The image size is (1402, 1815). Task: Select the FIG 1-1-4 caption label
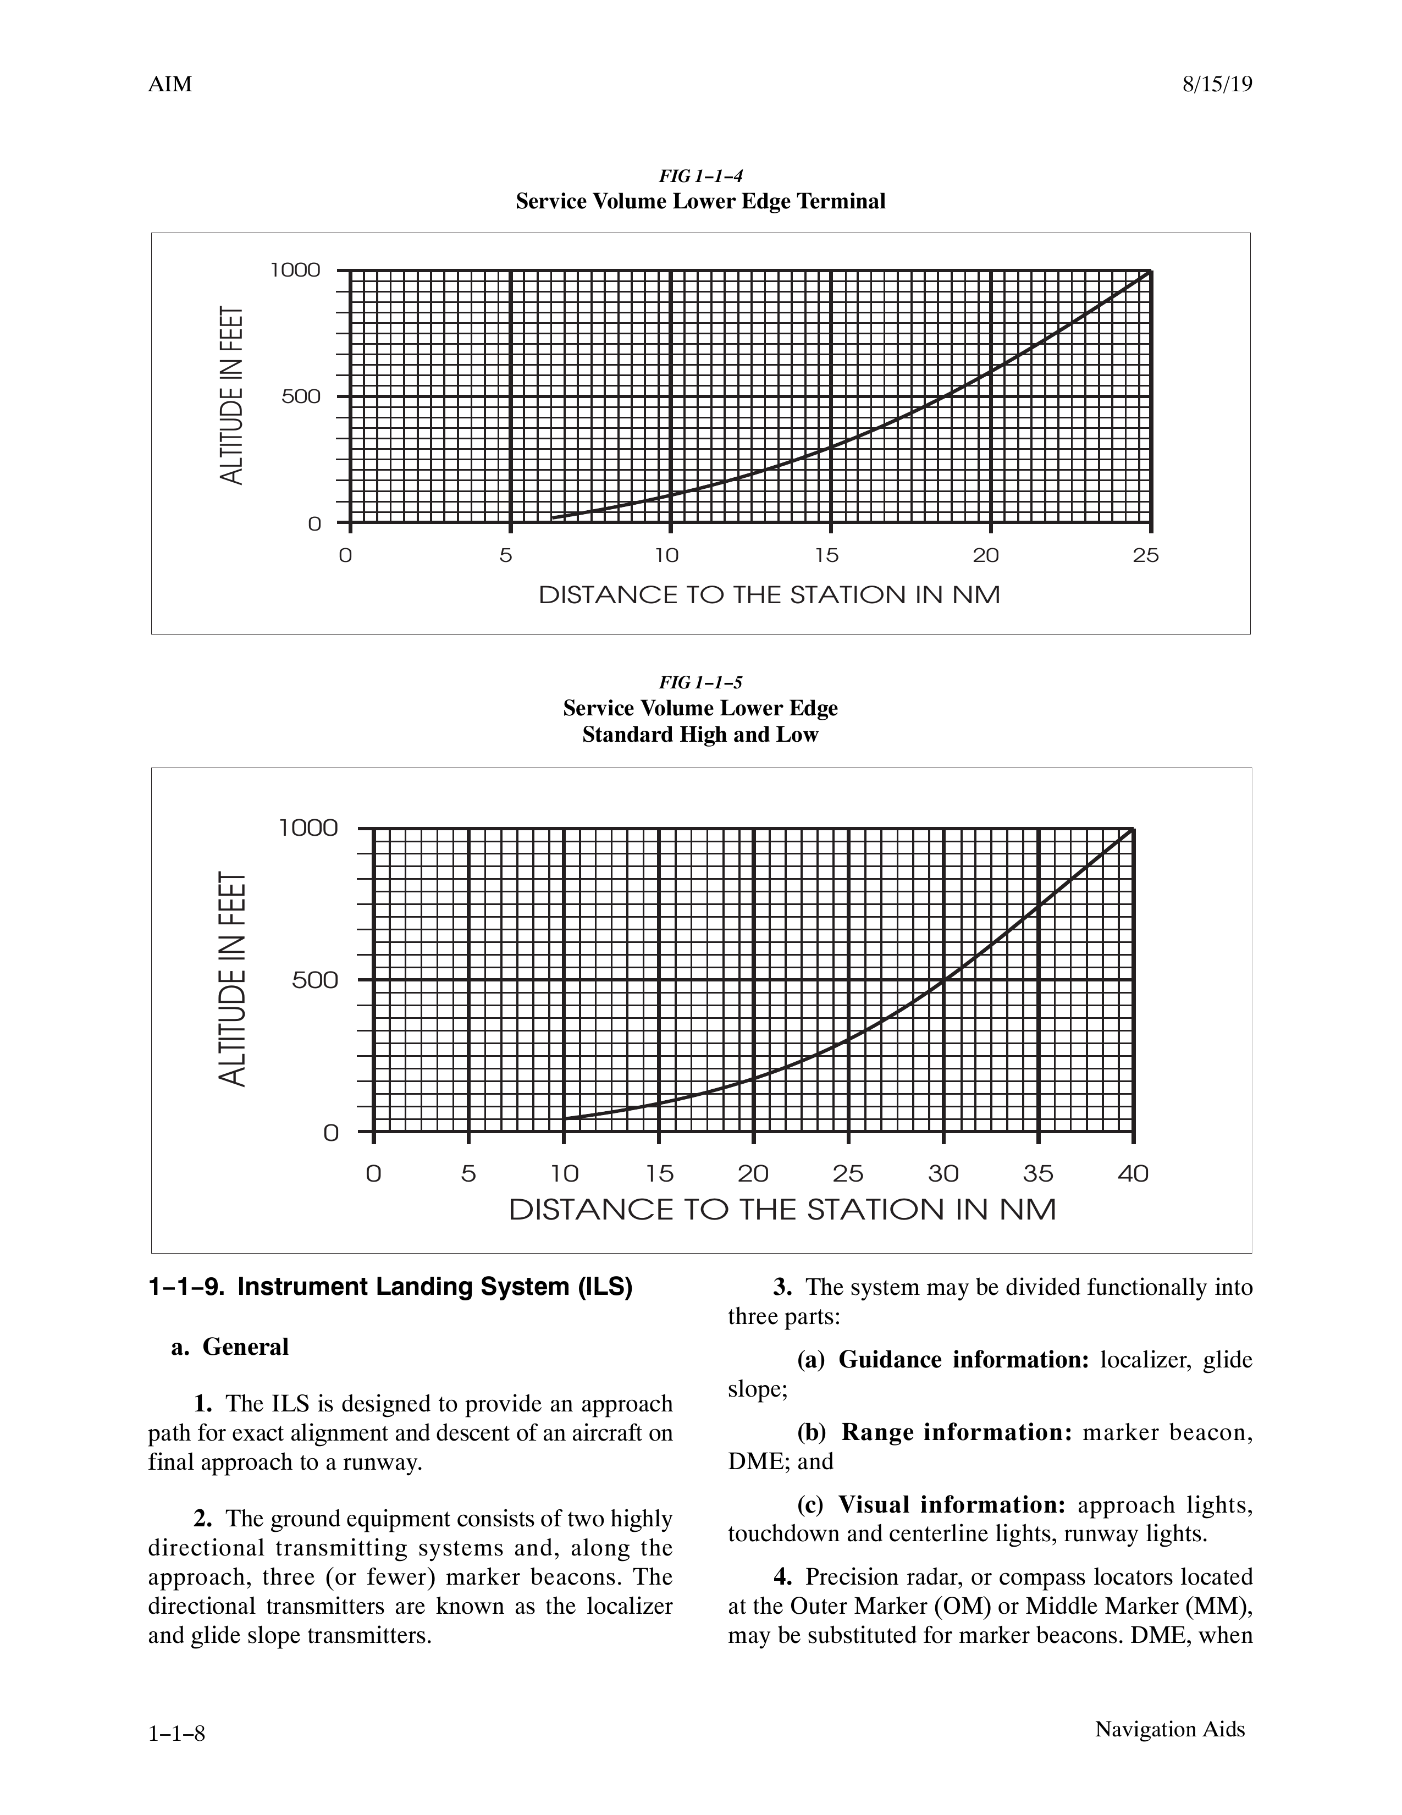tap(700, 175)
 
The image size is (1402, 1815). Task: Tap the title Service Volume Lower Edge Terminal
tap(700, 202)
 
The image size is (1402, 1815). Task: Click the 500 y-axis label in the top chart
tap(301, 396)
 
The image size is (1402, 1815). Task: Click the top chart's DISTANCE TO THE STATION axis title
tap(769, 595)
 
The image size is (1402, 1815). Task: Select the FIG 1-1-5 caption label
tap(700, 682)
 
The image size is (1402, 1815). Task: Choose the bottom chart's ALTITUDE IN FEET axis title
tap(234, 978)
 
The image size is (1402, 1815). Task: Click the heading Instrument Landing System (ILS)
tap(390, 1287)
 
